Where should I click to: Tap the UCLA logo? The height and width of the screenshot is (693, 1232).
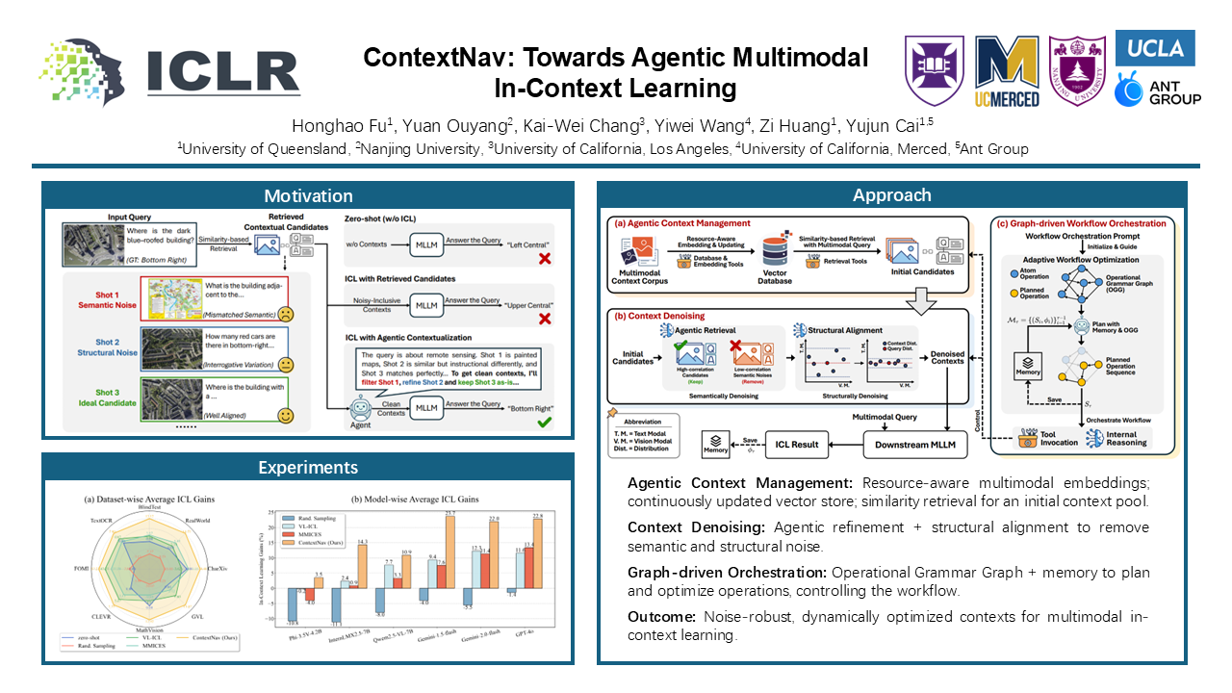[x=1154, y=47]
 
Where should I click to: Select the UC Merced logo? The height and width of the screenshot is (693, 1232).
[x=1007, y=71]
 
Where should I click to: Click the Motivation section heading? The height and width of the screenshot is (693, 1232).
[x=308, y=195]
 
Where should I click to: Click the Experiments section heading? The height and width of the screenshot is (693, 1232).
[x=308, y=468]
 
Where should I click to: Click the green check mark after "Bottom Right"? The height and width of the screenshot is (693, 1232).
[x=545, y=421]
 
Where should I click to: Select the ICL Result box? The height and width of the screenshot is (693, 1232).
[x=798, y=444]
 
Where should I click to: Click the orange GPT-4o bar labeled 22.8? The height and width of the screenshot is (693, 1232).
[x=538, y=552]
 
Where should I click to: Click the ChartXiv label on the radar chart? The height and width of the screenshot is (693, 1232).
[x=218, y=569]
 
